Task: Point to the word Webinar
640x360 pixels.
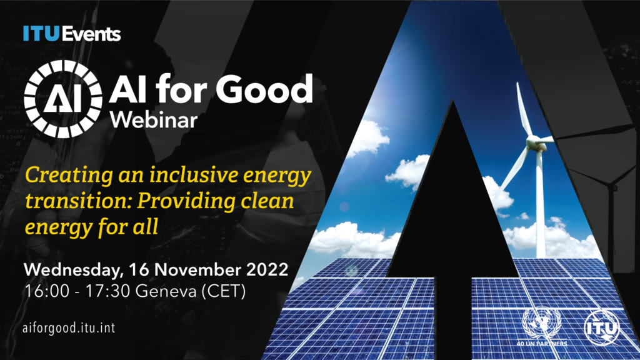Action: click(x=154, y=119)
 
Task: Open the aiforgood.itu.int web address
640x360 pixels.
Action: click(x=69, y=327)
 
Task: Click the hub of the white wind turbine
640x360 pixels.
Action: click(x=534, y=143)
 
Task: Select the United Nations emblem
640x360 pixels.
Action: click(x=541, y=322)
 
